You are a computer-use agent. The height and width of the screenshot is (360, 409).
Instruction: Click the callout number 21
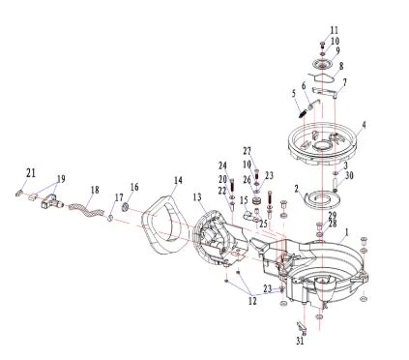pyautogui.click(x=31, y=173)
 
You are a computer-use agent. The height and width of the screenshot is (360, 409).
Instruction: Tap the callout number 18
pyautogui.click(x=95, y=190)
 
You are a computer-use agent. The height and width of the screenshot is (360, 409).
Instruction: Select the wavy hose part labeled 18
pyautogui.click(x=86, y=210)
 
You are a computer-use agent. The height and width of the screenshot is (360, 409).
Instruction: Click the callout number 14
pyautogui.click(x=178, y=180)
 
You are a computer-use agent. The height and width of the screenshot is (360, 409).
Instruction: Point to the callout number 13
pyautogui.click(x=197, y=196)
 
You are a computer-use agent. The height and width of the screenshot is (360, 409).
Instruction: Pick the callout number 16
pyautogui.click(x=134, y=187)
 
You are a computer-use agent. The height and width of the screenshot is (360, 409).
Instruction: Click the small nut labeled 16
pyautogui.click(x=125, y=207)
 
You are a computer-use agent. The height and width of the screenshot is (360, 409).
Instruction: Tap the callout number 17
pyautogui.click(x=119, y=197)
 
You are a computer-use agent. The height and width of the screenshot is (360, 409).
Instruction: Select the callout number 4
pyautogui.click(x=365, y=124)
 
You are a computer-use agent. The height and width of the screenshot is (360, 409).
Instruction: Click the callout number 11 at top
pyautogui.click(x=335, y=30)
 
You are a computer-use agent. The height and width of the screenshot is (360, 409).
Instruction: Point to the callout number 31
pyautogui.click(x=300, y=341)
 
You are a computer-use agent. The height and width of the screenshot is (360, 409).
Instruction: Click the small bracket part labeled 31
pyautogui.click(x=302, y=327)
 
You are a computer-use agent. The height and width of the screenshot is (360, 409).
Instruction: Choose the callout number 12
pyautogui.click(x=252, y=301)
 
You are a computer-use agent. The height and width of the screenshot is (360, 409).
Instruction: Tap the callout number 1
pyautogui.click(x=347, y=232)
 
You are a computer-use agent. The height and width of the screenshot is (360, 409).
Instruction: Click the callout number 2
pyautogui.click(x=297, y=189)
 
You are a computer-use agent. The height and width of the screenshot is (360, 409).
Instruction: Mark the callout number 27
pyautogui.click(x=247, y=151)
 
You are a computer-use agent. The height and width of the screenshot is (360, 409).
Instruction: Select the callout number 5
pyautogui.click(x=293, y=94)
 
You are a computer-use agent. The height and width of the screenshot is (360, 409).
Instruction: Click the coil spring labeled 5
pyautogui.click(x=303, y=114)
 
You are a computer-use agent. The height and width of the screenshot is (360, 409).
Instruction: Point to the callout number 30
pyautogui.click(x=349, y=175)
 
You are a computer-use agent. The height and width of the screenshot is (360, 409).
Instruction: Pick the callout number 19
pyautogui.click(x=61, y=179)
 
